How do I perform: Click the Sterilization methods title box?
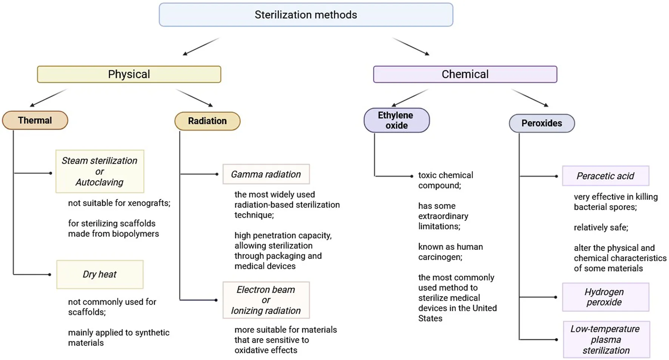306,15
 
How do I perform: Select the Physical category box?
129,74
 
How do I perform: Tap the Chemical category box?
465,74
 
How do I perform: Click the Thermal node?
35,120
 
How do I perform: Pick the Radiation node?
207,121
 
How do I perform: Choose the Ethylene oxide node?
396,120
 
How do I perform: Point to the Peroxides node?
542,123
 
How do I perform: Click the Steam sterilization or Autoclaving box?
100,171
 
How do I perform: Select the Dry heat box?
100,274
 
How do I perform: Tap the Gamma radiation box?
266,174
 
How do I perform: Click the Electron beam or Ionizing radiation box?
266,300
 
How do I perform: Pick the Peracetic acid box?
605,176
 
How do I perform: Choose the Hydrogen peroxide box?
605,297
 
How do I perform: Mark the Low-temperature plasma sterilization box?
606,340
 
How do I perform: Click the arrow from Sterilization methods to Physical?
201,46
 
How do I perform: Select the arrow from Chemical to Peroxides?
529,98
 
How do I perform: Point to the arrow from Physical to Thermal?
48,98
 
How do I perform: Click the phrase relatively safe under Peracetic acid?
601,228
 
